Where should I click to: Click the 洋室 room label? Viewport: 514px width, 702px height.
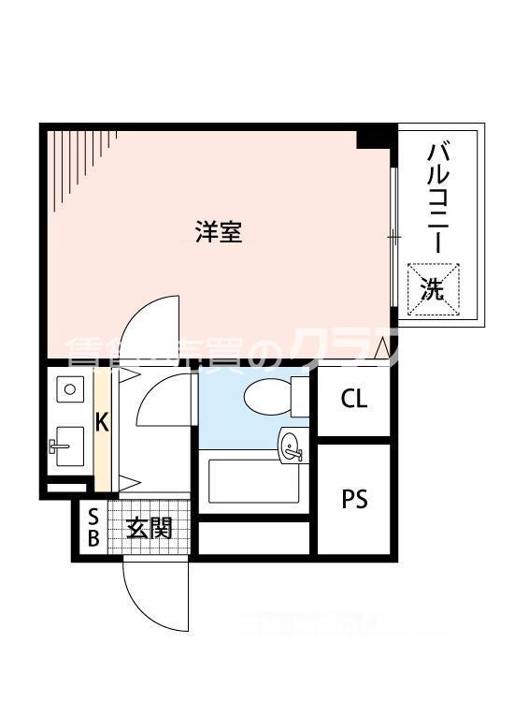point(220,232)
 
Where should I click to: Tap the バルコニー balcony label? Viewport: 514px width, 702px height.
point(438,197)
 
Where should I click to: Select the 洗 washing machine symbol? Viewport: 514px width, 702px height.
point(432,288)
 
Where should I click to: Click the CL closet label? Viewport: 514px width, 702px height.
point(354,400)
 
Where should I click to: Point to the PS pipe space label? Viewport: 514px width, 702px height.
point(354,499)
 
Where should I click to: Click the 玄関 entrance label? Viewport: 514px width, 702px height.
point(150,529)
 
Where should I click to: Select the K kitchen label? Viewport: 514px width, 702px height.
point(103,422)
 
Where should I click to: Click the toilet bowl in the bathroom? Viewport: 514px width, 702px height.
point(266,397)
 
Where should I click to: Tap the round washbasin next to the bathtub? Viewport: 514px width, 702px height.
point(291,445)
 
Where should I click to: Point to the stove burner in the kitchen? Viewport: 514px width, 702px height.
point(68,387)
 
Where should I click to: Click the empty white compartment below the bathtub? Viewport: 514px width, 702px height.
point(253,537)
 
